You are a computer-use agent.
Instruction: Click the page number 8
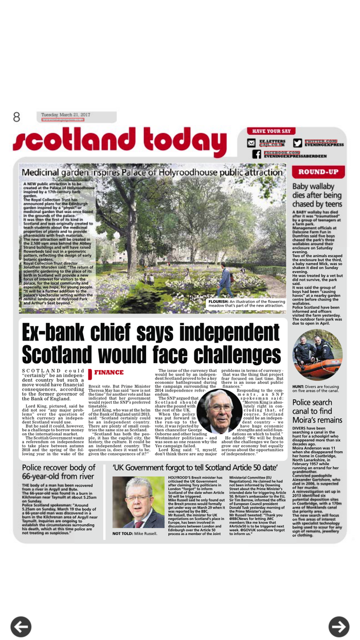[16, 117]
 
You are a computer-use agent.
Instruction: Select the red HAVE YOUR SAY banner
[272, 131]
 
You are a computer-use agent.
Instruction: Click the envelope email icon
[251, 143]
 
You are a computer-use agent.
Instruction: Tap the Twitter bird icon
[297, 143]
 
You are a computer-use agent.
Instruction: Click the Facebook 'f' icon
[256, 154]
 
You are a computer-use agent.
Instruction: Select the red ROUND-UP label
[318, 172]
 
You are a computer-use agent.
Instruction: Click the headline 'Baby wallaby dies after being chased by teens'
[316, 195]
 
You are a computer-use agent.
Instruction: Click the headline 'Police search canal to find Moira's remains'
[317, 411]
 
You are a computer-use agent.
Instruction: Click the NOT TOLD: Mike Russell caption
[135, 533]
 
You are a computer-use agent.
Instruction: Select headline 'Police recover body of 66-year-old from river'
[59, 472]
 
